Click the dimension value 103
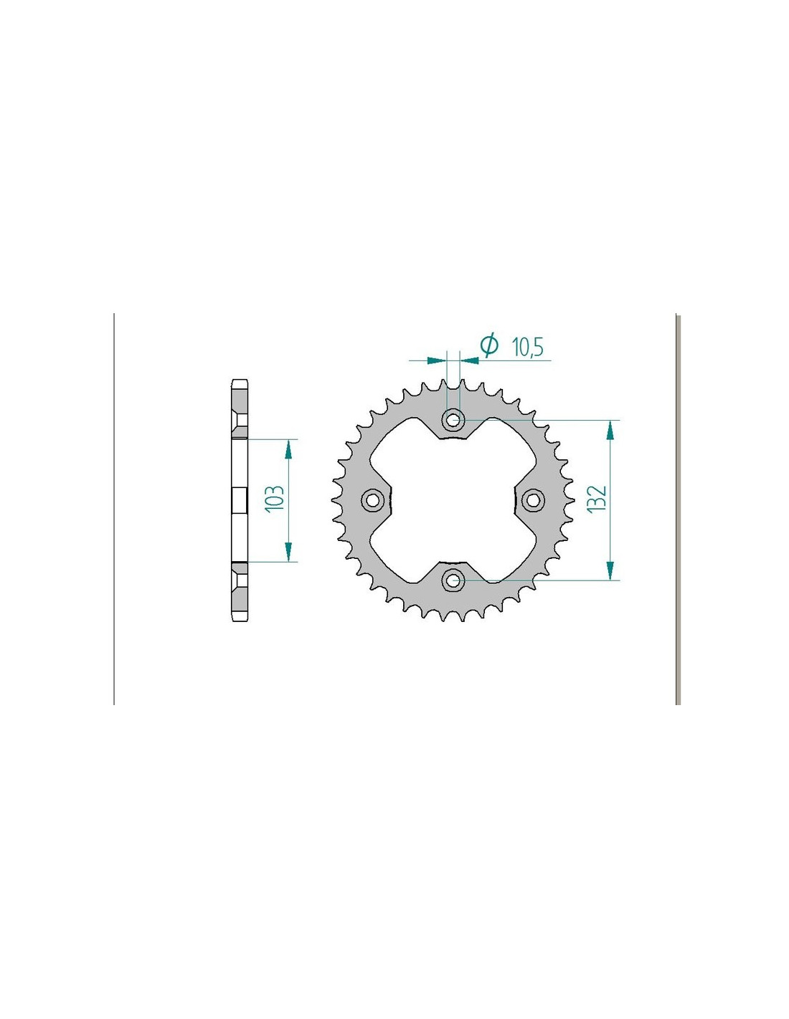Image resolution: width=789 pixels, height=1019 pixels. coord(275,498)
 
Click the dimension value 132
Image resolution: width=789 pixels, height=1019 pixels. coord(597,499)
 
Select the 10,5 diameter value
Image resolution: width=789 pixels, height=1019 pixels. coord(527,348)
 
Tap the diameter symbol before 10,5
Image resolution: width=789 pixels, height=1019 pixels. coord(488,345)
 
